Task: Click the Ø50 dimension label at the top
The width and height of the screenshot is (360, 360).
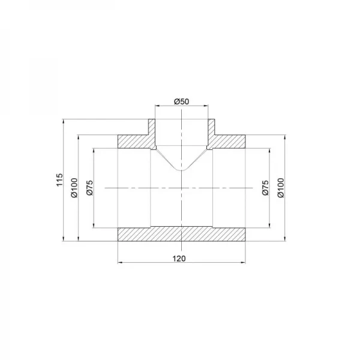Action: click(x=182, y=101)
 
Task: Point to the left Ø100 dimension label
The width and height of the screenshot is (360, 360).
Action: click(x=74, y=188)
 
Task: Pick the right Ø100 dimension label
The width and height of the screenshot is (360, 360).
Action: click(x=280, y=188)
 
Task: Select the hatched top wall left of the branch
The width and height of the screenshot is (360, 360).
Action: click(x=133, y=142)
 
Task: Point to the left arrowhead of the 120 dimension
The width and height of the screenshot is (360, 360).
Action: click(x=119, y=262)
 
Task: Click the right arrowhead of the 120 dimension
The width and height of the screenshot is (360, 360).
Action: click(x=245, y=262)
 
